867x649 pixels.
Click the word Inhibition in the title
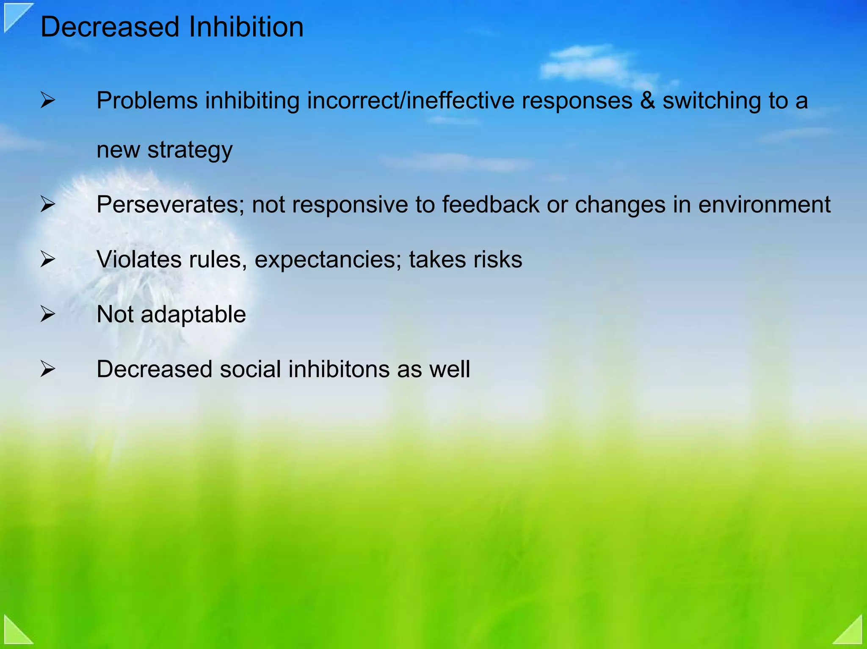(246, 27)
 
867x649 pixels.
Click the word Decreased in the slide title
(110, 27)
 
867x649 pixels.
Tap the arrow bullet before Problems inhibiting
(47, 101)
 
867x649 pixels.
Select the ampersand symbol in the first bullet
(647, 101)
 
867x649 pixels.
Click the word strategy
(190, 150)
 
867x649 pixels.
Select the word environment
(764, 205)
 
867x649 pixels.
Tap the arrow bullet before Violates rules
(47, 259)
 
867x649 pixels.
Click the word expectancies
(328, 260)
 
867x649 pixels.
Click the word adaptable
(193, 315)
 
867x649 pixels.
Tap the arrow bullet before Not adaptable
(47, 314)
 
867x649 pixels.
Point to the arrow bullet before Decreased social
(47, 369)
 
